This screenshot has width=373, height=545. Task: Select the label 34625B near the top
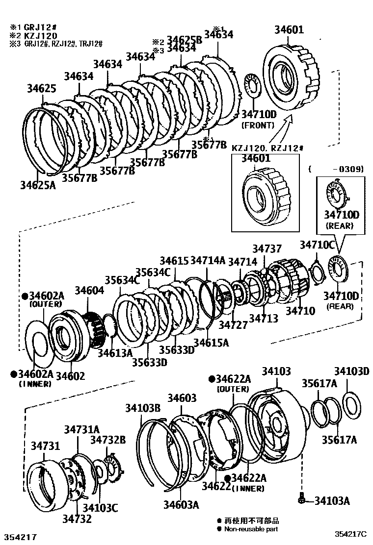[x=185, y=39]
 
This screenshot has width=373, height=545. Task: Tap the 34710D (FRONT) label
[x=259, y=114]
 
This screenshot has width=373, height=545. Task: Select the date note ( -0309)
[x=336, y=169]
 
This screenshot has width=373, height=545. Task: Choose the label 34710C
[x=317, y=245]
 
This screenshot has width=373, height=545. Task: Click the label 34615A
[x=211, y=343]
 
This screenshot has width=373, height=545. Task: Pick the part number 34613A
[x=115, y=352]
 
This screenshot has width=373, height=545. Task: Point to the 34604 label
[x=89, y=290]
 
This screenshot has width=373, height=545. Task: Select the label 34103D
[x=351, y=371]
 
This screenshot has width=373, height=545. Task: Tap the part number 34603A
[x=181, y=504]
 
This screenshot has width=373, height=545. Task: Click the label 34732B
[x=108, y=439]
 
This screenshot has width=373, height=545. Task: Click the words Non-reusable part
[x=251, y=529]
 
